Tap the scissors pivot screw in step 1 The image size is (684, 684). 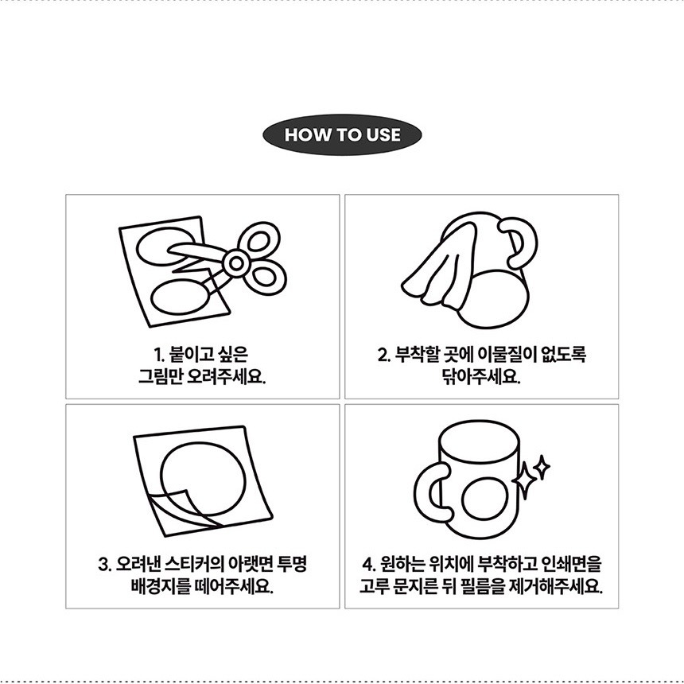click(x=236, y=263)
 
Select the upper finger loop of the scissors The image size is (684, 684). click(x=259, y=240)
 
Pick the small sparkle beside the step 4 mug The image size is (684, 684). click(x=542, y=467)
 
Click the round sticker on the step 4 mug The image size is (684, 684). click(x=484, y=499)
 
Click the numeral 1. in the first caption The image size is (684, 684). click(x=159, y=356)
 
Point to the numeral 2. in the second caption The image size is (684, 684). click(x=384, y=356)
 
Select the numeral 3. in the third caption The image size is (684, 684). click(x=105, y=565)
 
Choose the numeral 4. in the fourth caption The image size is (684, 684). click(x=369, y=565)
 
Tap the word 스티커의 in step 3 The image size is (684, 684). click(x=194, y=564)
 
